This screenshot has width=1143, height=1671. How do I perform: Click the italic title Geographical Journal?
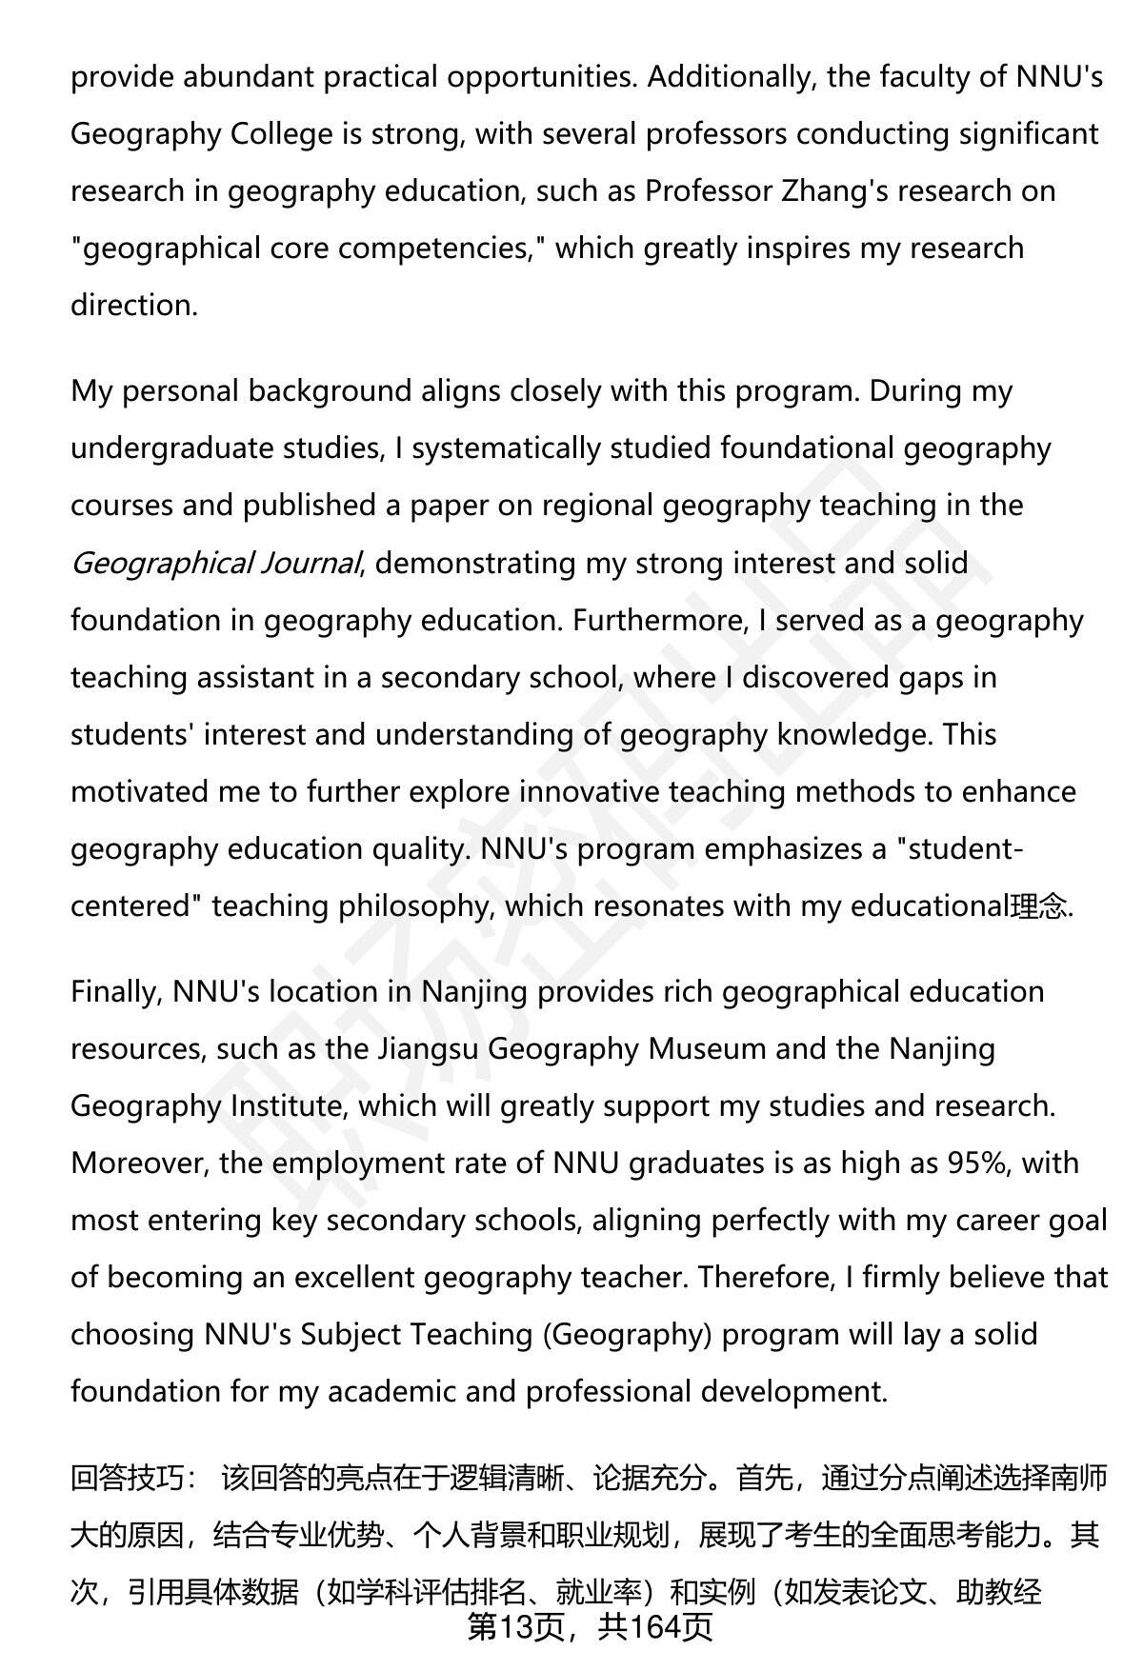[x=215, y=563]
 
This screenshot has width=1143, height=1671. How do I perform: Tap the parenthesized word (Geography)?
[x=628, y=1334]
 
